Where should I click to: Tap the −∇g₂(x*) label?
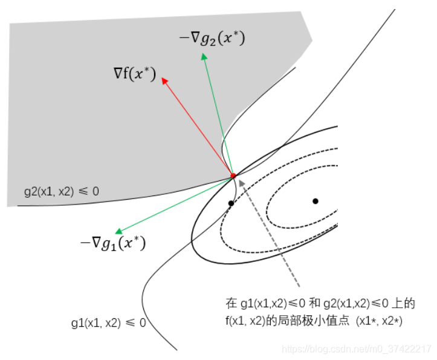coord(212,38)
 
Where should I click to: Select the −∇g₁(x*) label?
coord(113,244)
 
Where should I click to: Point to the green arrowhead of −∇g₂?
coord(204,56)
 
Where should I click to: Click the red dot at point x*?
coord(233,175)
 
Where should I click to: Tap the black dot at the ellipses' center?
coord(315,201)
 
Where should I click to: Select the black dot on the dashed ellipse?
coord(231,203)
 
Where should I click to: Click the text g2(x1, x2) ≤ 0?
coord(62,191)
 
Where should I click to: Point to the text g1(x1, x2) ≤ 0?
coord(108,322)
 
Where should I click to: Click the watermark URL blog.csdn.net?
coord(357,349)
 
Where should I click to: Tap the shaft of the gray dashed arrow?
coord(272,235)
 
